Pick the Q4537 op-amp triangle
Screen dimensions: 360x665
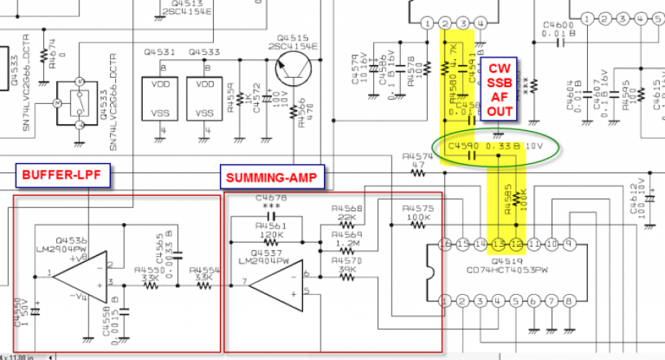click(276, 284)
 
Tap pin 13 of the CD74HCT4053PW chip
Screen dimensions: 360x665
click(498, 245)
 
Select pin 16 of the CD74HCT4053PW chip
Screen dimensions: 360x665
click(446, 245)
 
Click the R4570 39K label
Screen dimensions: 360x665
click(346, 264)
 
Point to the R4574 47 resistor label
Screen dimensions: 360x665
click(417, 161)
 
